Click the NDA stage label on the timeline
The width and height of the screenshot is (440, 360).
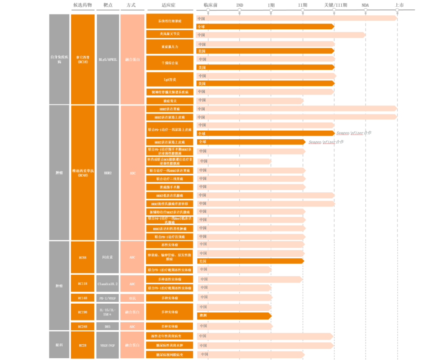click(x=365, y=5)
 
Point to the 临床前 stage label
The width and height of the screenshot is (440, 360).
click(x=210, y=5)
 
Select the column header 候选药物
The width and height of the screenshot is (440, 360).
click(x=82, y=5)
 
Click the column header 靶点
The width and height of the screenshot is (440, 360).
click(x=108, y=5)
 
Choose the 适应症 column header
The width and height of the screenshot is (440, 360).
click(x=170, y=5)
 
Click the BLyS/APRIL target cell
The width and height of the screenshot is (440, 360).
click(x=108, y=59)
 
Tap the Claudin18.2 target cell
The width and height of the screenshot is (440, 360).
click(x=108, y=284)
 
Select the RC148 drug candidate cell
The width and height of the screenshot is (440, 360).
click(x=82, y=298)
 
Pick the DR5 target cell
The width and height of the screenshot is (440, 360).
click(x=108, y=326)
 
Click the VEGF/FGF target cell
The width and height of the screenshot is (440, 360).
click(x=108, y=345)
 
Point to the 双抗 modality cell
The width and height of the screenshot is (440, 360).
click(x=132, y=298)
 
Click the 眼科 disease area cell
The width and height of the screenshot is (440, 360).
click(x=59, y=345)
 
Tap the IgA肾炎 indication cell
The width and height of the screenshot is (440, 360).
click(x=170, y=79)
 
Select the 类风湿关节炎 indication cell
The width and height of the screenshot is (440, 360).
click(x=170, y=34)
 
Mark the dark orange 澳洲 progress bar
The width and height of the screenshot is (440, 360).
click(x=234, y=315)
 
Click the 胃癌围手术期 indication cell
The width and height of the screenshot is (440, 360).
click(x=170, y=187)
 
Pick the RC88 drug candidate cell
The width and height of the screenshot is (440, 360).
click(x=82, y=257)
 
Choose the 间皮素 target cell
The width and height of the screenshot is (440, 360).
click(x=108, y=257)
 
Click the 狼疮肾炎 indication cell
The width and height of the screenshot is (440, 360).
click(x=170, y=100)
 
